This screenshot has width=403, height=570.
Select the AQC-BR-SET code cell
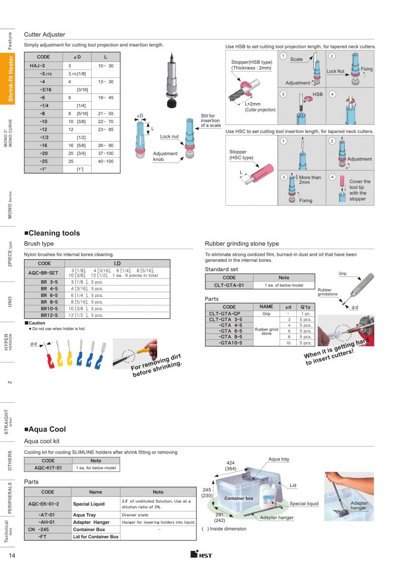coord(44,273)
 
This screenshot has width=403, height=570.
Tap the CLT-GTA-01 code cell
coord(229,285)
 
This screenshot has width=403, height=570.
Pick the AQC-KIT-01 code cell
coord(48,468)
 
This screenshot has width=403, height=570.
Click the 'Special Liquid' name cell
coord(89,504)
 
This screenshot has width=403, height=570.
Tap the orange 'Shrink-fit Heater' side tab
coord(10,79)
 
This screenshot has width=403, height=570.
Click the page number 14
coord(12,556)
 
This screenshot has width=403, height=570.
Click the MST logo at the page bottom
coord(201,555)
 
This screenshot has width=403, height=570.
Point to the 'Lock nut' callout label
coord(169,137)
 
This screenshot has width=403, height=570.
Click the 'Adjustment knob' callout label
coord(165,156)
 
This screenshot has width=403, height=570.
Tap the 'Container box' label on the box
coord(239,499)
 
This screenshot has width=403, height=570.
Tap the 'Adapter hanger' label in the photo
coord(359,505)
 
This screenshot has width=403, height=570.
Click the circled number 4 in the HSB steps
coord(332,94)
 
